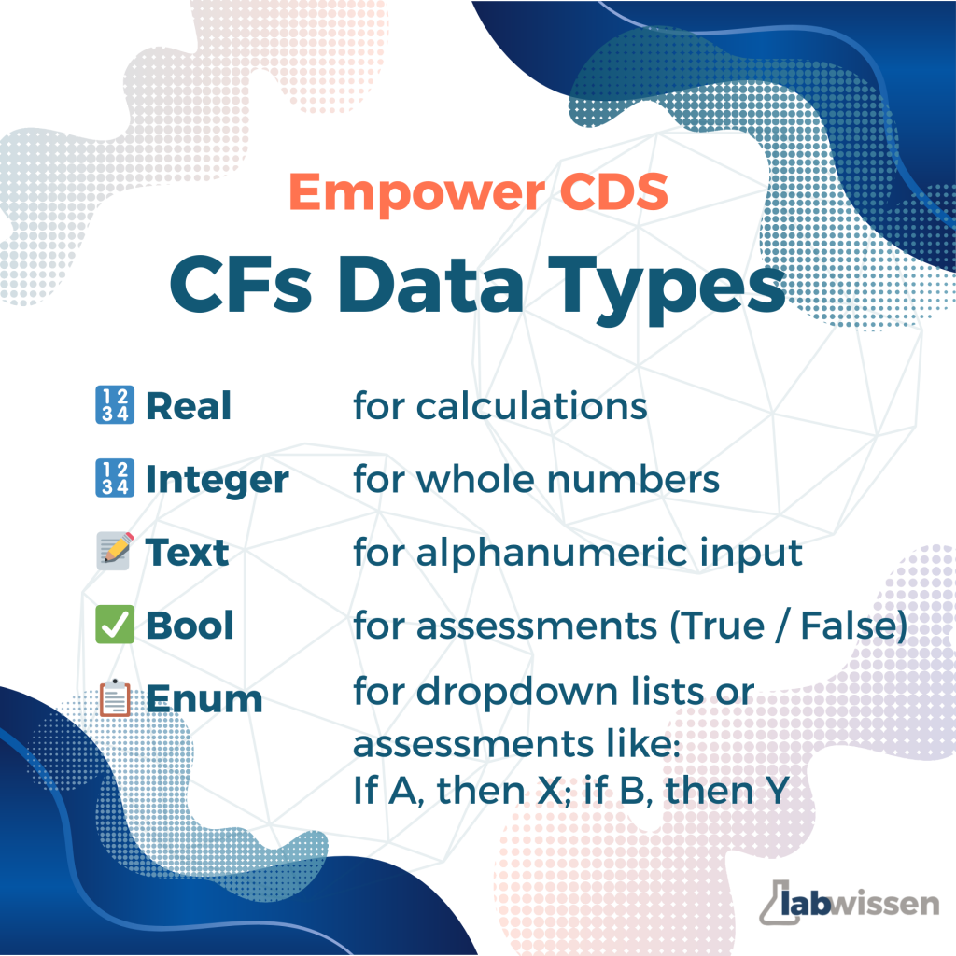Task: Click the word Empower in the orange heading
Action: coord(416,194)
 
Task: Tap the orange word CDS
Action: coord(614,191)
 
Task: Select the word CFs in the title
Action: coord(241,284)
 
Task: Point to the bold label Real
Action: coord(189,405)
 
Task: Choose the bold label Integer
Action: coord(217,481)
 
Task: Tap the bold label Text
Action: coord(187,553)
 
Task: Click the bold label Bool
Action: coord(190,625)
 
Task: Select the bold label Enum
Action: coord(204,698)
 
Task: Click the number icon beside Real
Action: coord(115,405)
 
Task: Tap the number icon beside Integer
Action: coord(115,478)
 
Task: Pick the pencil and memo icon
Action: coord(115,551)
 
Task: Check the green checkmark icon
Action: coord(115,625)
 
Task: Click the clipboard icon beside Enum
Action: coord(115,697)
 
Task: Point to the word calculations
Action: coord(531,405)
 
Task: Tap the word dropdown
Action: coord(517,694)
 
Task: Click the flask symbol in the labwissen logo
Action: coord(779,902)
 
